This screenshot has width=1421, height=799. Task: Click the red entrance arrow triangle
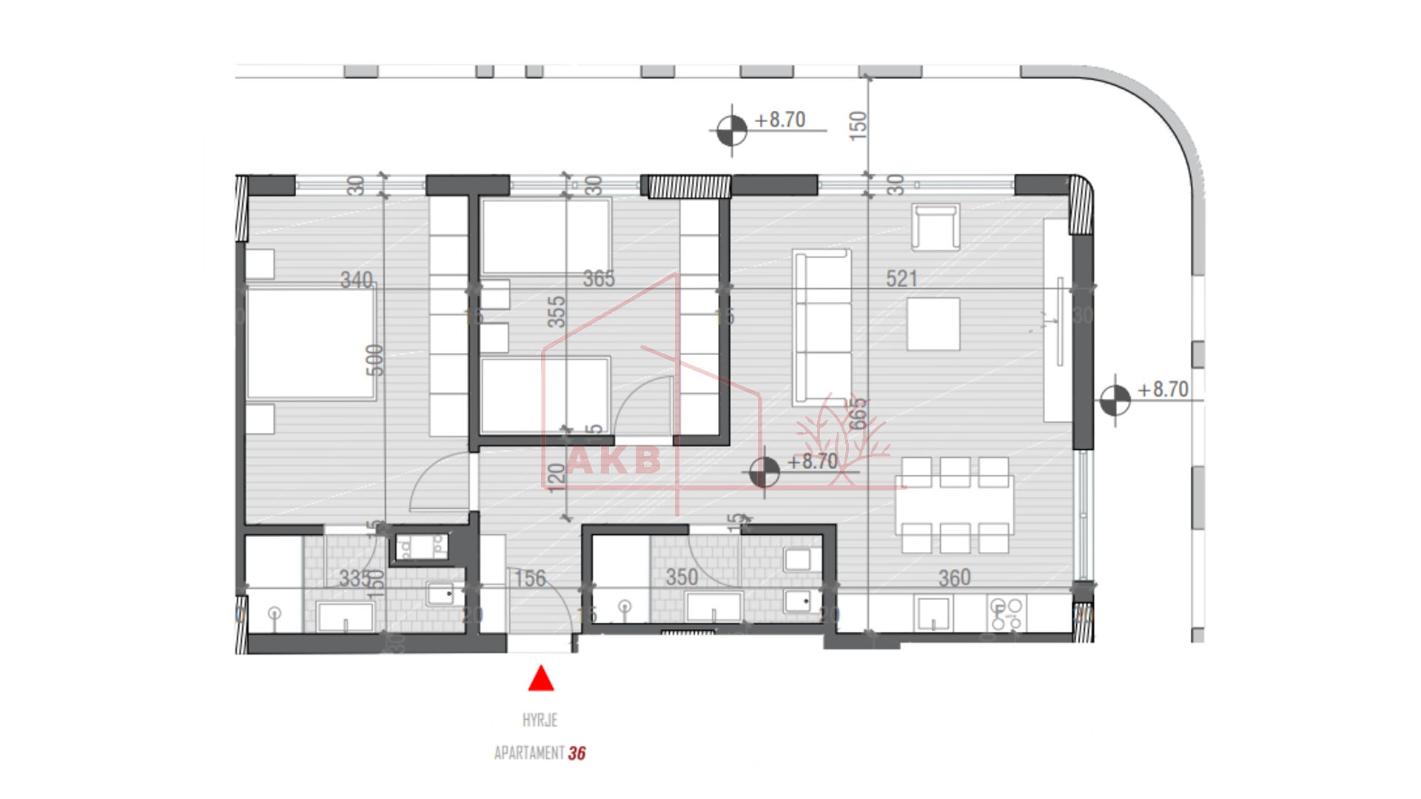click(x=541, y=679)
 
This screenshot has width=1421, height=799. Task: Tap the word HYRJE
click(x=540, y=720)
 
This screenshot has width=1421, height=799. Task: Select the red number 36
click(x=577, y=753)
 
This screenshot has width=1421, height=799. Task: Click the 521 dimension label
click(x=901, y=279)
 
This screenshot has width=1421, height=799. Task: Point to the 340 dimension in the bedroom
click(x=356, y=280)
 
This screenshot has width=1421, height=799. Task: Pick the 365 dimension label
click(x=598, y=279)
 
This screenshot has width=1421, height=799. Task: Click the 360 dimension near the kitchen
click(x=954, y=578)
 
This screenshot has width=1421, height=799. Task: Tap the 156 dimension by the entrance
click(x=530, y=579)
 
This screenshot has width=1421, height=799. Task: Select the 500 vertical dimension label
click(x=375, y=360)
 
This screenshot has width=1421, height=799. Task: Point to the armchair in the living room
click(x=935, y=226)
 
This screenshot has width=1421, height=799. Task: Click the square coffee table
click(x=933, y=323)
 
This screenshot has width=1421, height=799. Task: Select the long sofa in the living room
click(x=822, y=327)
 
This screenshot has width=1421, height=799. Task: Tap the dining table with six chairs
click(x=954, y=505)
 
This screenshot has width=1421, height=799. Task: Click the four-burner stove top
click(x=1007, y=614)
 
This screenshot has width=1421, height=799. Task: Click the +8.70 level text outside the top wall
click(x=779, y=120)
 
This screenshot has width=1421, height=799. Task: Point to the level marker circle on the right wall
click(x=1115, y=400)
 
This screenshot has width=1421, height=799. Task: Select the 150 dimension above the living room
click(x=857, y=126)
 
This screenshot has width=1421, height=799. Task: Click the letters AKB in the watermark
click(x=614, y=460)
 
